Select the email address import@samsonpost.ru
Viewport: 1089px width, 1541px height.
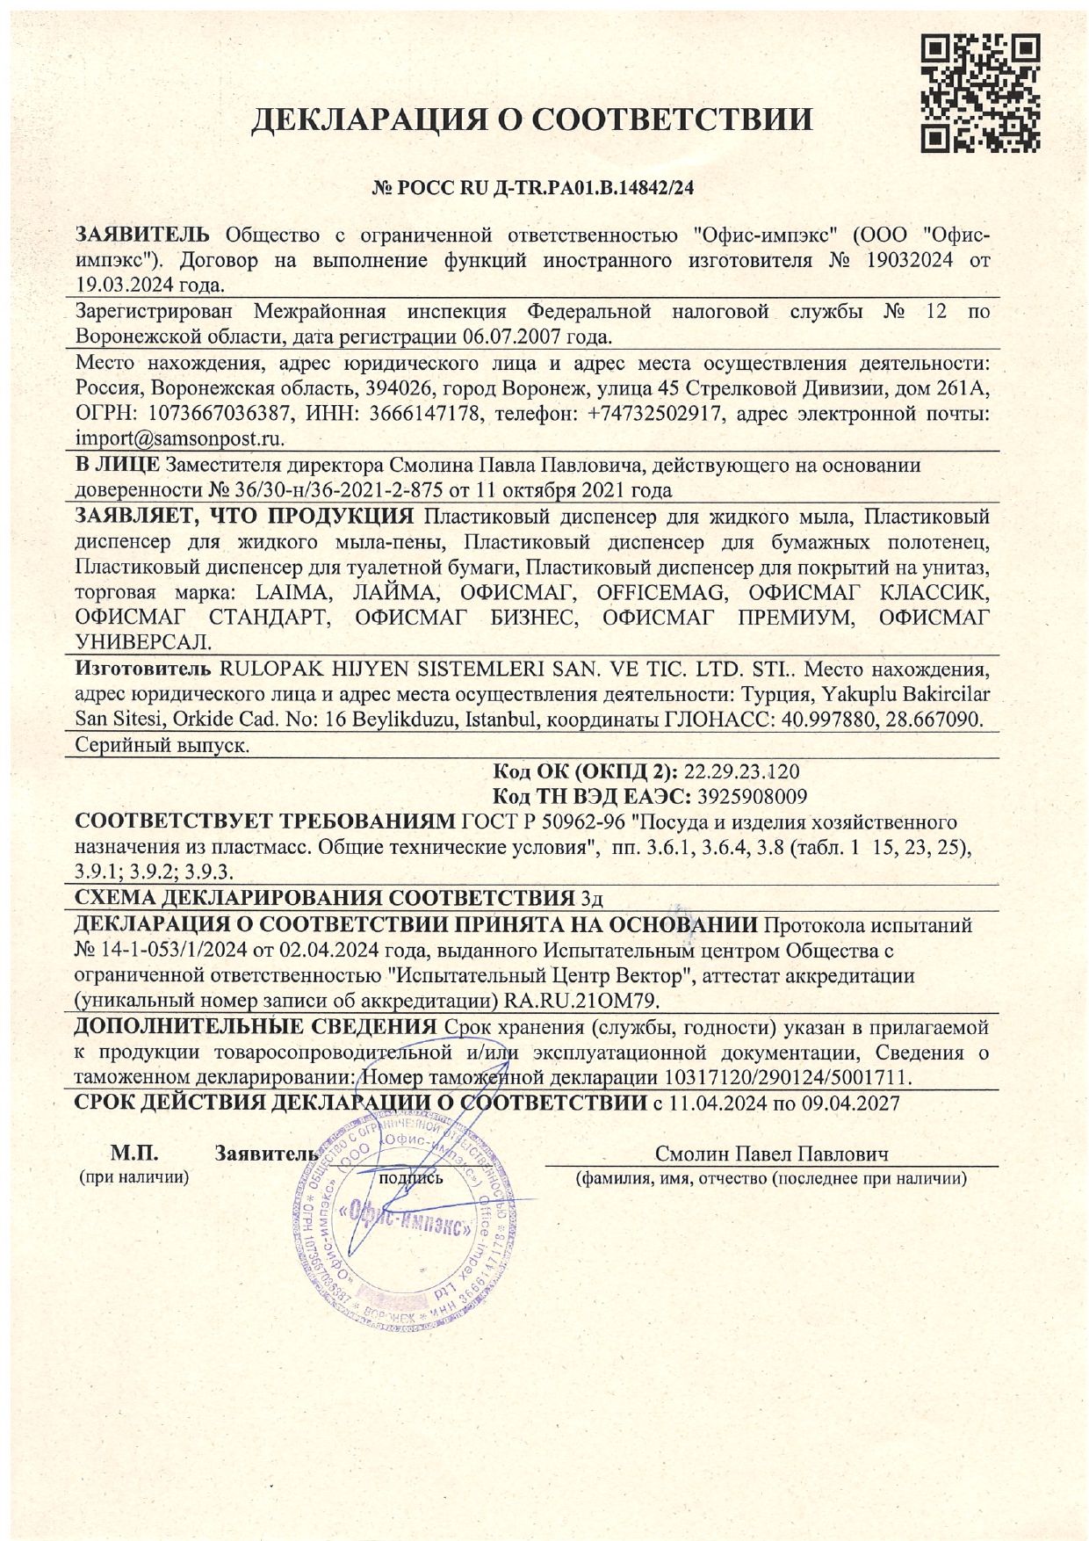tap(180, 438)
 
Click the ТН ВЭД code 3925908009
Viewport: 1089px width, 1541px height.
tap(751, 797)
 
